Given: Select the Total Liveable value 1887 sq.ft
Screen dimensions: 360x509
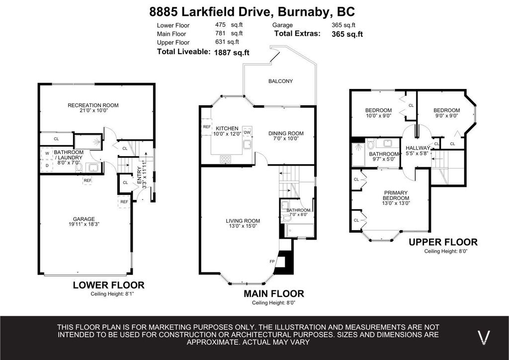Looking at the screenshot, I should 232,52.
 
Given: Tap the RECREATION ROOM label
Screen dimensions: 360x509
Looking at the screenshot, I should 93,105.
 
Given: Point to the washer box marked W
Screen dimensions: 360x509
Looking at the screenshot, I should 47,154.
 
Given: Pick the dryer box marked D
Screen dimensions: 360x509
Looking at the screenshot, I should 47,166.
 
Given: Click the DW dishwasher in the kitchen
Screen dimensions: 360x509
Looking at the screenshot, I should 247,132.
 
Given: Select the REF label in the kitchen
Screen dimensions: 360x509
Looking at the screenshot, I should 207,127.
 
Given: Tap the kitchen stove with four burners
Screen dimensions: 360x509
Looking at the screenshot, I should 226,159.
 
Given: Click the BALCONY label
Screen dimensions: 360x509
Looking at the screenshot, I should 280,81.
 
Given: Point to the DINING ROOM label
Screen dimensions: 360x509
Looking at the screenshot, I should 286,133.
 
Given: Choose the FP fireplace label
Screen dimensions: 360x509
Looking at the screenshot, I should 272,261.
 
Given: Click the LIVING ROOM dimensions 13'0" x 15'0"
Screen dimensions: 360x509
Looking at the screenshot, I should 243,227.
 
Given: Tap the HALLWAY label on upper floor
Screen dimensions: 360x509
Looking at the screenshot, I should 418,148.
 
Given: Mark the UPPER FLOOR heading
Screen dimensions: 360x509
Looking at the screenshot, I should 443,242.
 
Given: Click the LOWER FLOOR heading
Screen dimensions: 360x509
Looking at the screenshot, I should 108,285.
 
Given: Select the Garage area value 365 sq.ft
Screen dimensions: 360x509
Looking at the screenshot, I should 343,25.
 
